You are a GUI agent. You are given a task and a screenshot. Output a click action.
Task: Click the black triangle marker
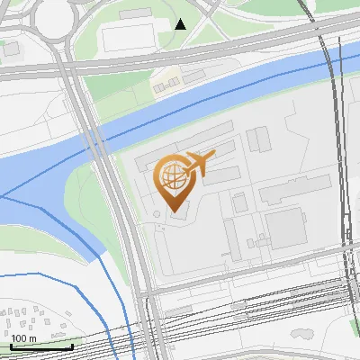click(181, 24)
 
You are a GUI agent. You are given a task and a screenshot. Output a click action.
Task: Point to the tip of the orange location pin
click(171, 210)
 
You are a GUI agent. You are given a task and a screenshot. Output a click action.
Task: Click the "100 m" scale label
click(23, 338)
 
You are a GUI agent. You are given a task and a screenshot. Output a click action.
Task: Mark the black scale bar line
click(41, 346)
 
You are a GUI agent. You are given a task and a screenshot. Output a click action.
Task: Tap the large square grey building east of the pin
click(287, 229)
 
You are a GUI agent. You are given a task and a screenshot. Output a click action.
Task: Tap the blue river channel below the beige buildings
click(207, 94)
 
